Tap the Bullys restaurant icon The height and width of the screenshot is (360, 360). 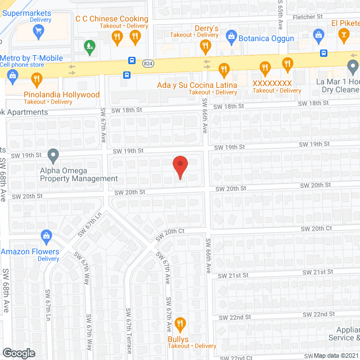(x=180, y=323)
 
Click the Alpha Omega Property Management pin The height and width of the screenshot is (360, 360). (x=53, y=154)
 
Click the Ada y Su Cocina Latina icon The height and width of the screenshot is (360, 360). (x=224, y=70)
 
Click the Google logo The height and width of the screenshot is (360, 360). (x=18, y=353)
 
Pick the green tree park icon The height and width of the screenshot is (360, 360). (x=88, y=44)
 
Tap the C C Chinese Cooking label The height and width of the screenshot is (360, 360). (x=112, y=19)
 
